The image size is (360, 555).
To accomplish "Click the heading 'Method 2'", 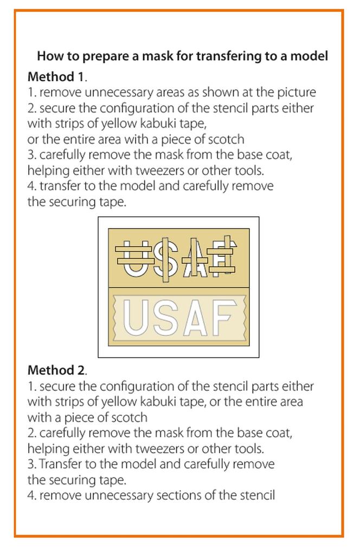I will [x=56, y=371].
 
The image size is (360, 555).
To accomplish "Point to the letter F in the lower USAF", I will [x=224, y=318].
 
